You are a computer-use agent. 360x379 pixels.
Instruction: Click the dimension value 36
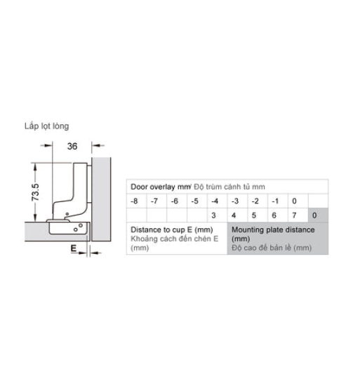tap(72, 146)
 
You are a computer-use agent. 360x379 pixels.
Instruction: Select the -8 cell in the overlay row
tap(134, 201)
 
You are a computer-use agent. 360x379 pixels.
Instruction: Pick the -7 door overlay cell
tap(154, 201)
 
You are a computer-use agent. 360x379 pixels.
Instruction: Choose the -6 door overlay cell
tap(175, 201)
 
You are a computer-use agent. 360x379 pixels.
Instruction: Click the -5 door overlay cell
tap(194, 201)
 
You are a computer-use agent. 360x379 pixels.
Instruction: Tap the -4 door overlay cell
tap(215, 201)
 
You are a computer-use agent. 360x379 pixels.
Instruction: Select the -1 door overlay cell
tap(275, 201)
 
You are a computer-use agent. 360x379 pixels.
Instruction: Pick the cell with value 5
tap(254, 215)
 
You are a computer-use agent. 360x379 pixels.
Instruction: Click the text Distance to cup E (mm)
tap(171, 230)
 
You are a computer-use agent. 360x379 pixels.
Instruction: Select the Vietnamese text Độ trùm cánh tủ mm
tap(229, 187)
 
